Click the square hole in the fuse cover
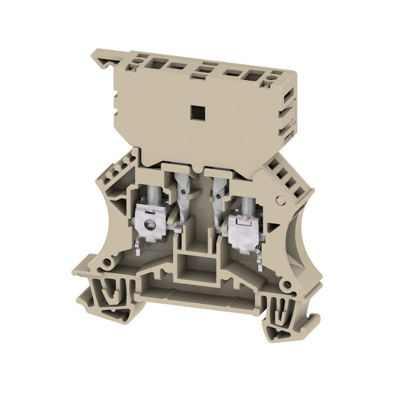coord(198,112)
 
